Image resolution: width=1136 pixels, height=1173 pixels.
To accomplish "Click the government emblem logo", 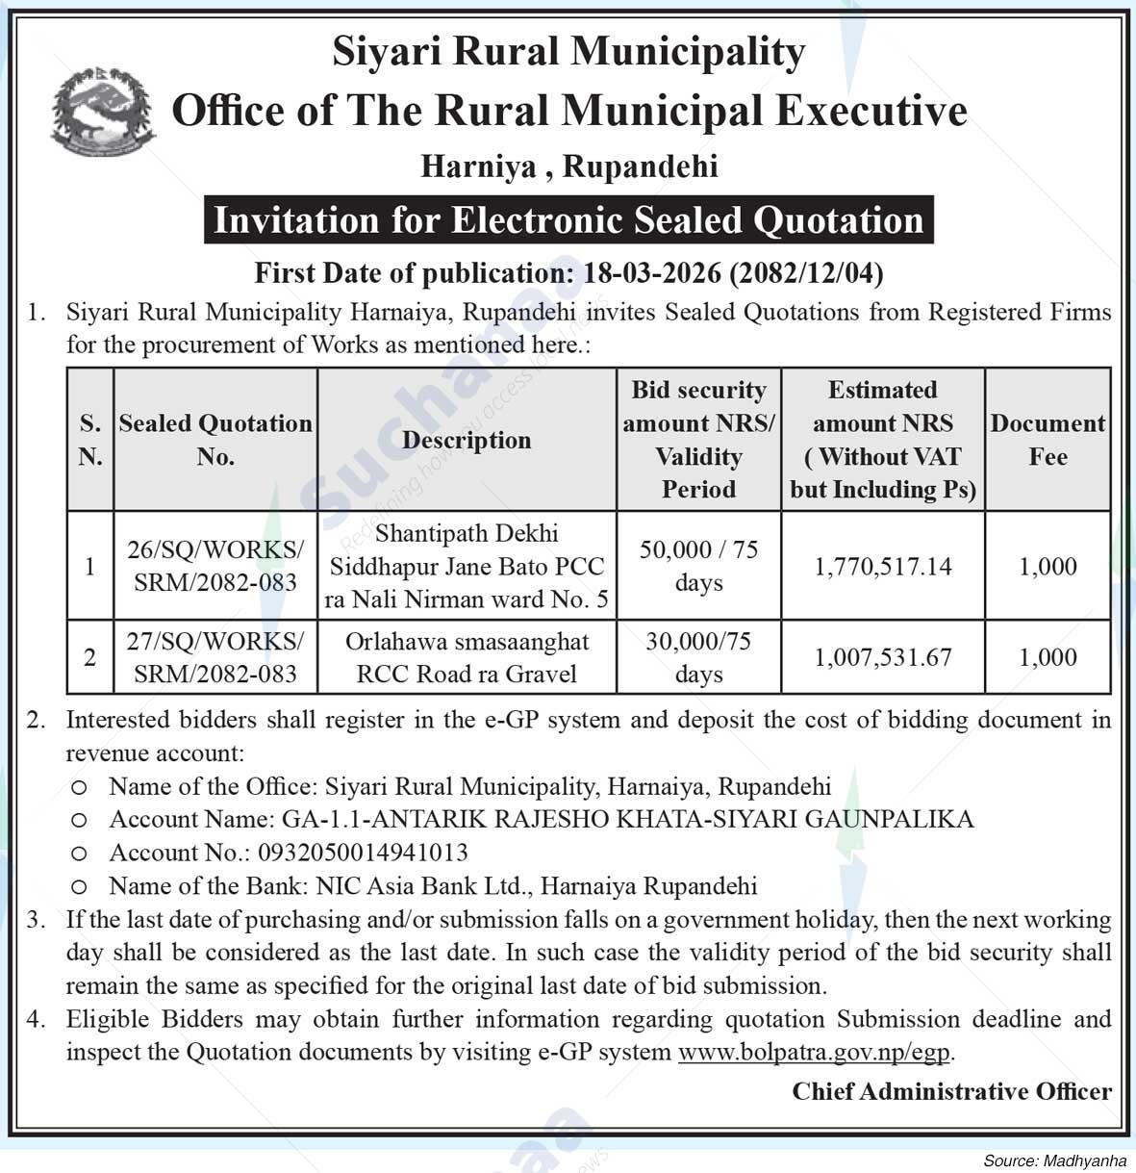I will pos(103,112).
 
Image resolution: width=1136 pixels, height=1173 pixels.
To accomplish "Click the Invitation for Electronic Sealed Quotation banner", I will pos(568,220).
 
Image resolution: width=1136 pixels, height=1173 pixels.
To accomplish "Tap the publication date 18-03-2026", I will pos(651,273).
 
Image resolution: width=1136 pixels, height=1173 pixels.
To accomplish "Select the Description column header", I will pos(467,440).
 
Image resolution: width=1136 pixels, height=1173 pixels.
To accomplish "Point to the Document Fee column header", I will pos(1048,440).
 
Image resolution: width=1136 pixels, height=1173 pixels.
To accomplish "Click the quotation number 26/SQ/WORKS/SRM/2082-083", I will pos(215,566).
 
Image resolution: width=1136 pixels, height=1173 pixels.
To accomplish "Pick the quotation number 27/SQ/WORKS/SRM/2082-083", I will pos(215,657).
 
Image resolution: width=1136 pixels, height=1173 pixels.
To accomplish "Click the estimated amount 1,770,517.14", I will pos(883,566).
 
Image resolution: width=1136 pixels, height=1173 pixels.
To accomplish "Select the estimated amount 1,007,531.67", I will pos(883,657).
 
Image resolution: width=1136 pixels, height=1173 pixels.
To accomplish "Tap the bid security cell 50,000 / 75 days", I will pos(698,566).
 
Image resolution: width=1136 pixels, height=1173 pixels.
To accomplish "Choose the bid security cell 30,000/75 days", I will pos(698,657).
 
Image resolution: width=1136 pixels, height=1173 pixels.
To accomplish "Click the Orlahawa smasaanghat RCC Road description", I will pos(467,657).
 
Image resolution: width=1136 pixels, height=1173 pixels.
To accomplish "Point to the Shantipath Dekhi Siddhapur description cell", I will pos(467,566).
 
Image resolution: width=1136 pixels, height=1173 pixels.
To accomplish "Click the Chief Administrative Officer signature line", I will pos(951,1091).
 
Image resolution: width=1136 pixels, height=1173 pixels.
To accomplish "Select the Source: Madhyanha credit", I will pos(1054,1160).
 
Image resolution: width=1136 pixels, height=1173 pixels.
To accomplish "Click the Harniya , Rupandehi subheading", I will pos(569,166).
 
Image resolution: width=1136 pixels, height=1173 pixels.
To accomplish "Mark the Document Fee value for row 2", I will pos(1048,657).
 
